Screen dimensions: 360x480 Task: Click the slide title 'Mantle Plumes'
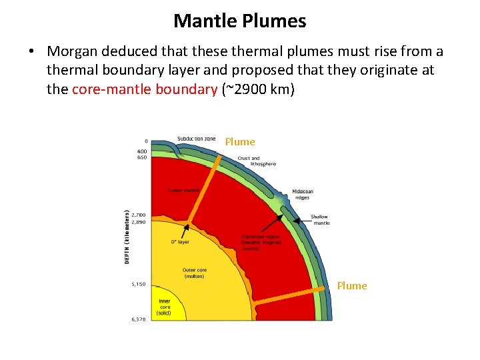coord(239,21)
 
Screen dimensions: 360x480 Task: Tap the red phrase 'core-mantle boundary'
coord(145,89)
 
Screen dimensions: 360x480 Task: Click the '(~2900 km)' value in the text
coord(257,89)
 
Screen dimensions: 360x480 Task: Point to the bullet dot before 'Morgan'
coord(31,52)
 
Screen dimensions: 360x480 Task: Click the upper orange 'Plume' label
coord(239,142)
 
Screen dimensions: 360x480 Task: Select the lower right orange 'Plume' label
coord(351,286)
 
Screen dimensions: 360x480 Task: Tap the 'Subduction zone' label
coord(196,139)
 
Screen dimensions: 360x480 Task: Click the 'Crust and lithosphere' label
coord(256,161)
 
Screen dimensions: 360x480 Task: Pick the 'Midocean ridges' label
coord(302,195)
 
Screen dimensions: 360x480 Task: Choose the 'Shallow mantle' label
coord(320,220)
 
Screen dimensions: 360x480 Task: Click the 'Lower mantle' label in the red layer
coord(184,190)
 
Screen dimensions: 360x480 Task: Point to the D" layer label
coord(180,243)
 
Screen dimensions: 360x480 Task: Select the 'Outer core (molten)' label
coord(194,273)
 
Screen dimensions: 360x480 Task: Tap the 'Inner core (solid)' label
coord(163,307)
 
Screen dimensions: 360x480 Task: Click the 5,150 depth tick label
coord(138,284)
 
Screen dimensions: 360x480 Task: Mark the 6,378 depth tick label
coord(138,319)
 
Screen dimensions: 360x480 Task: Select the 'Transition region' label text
coord(261,237)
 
